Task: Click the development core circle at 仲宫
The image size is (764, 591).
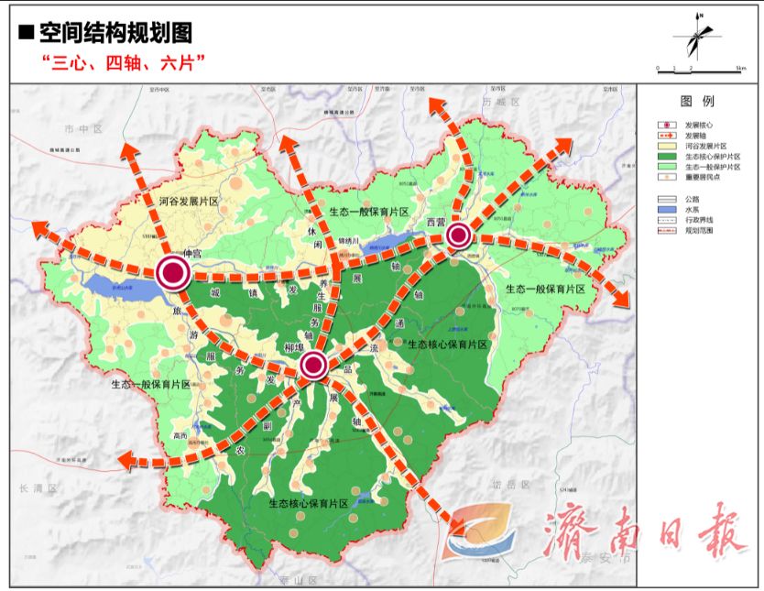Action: [x=172, y=272]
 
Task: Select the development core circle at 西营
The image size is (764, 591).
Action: [x=459, y=236]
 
